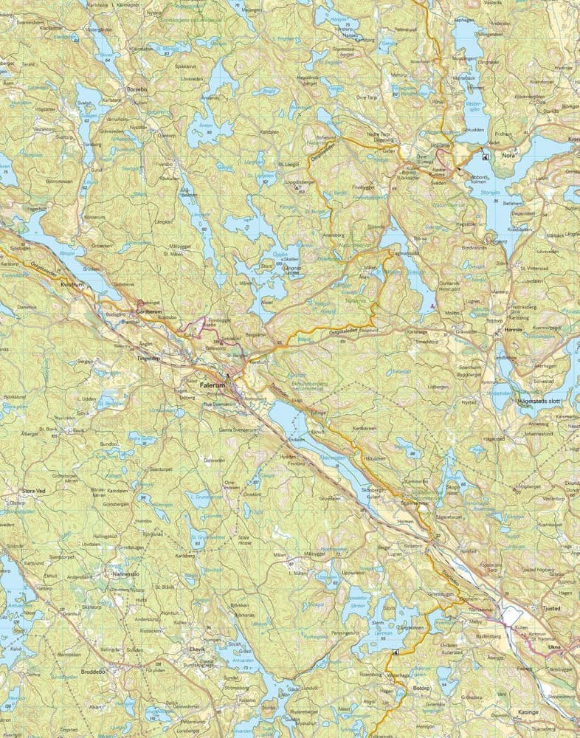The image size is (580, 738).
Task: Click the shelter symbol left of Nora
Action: pos(485,156)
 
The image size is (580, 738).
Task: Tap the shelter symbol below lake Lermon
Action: pos(396,653)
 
